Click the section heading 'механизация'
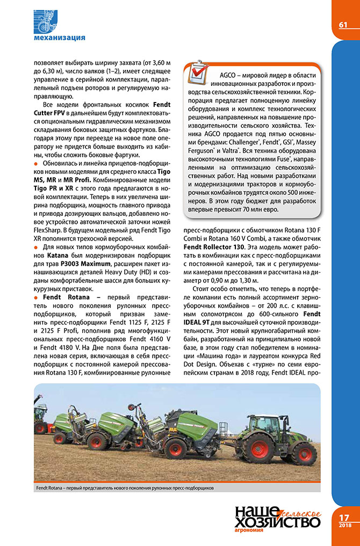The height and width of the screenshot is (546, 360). click(x=59, y=38)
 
